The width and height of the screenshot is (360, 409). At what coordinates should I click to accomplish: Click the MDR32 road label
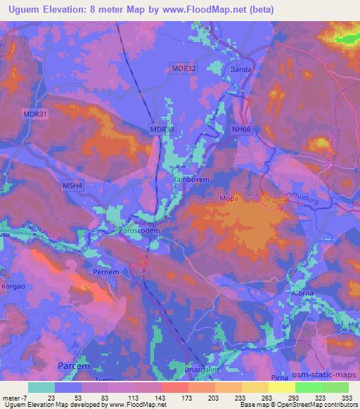tap(184, 68)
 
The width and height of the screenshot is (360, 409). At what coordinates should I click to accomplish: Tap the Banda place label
tap(240, 70)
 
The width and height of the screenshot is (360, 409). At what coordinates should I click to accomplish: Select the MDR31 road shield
tap(34, 115)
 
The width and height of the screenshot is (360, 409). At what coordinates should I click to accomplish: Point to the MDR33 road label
tap(162, 129)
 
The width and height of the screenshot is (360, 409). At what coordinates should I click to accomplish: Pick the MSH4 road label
tap(72, 186)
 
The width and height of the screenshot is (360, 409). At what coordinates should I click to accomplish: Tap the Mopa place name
tap(247, 199)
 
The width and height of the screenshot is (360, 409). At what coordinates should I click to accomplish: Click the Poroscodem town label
tap(141, 229)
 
